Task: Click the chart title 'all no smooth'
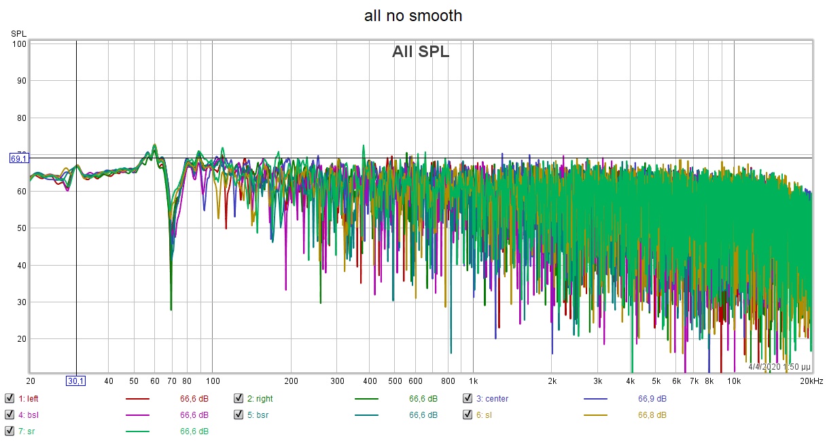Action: (413, 15)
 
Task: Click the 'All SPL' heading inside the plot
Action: (421, 52)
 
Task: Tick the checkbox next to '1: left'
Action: (10, 399)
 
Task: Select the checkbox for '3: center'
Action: (468, 399)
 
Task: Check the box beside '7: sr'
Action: (10, 431)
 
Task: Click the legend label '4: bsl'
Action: (29, 414)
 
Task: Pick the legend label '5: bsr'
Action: (258, 414)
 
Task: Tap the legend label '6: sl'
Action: (485, 414)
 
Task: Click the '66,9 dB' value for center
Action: (652, 399)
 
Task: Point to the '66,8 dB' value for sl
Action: (652, 414)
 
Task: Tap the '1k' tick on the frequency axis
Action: (474, 381)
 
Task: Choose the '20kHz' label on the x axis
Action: (811, 381)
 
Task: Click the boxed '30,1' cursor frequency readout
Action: (75, 381)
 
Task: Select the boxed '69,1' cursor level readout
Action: (18, 158)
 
